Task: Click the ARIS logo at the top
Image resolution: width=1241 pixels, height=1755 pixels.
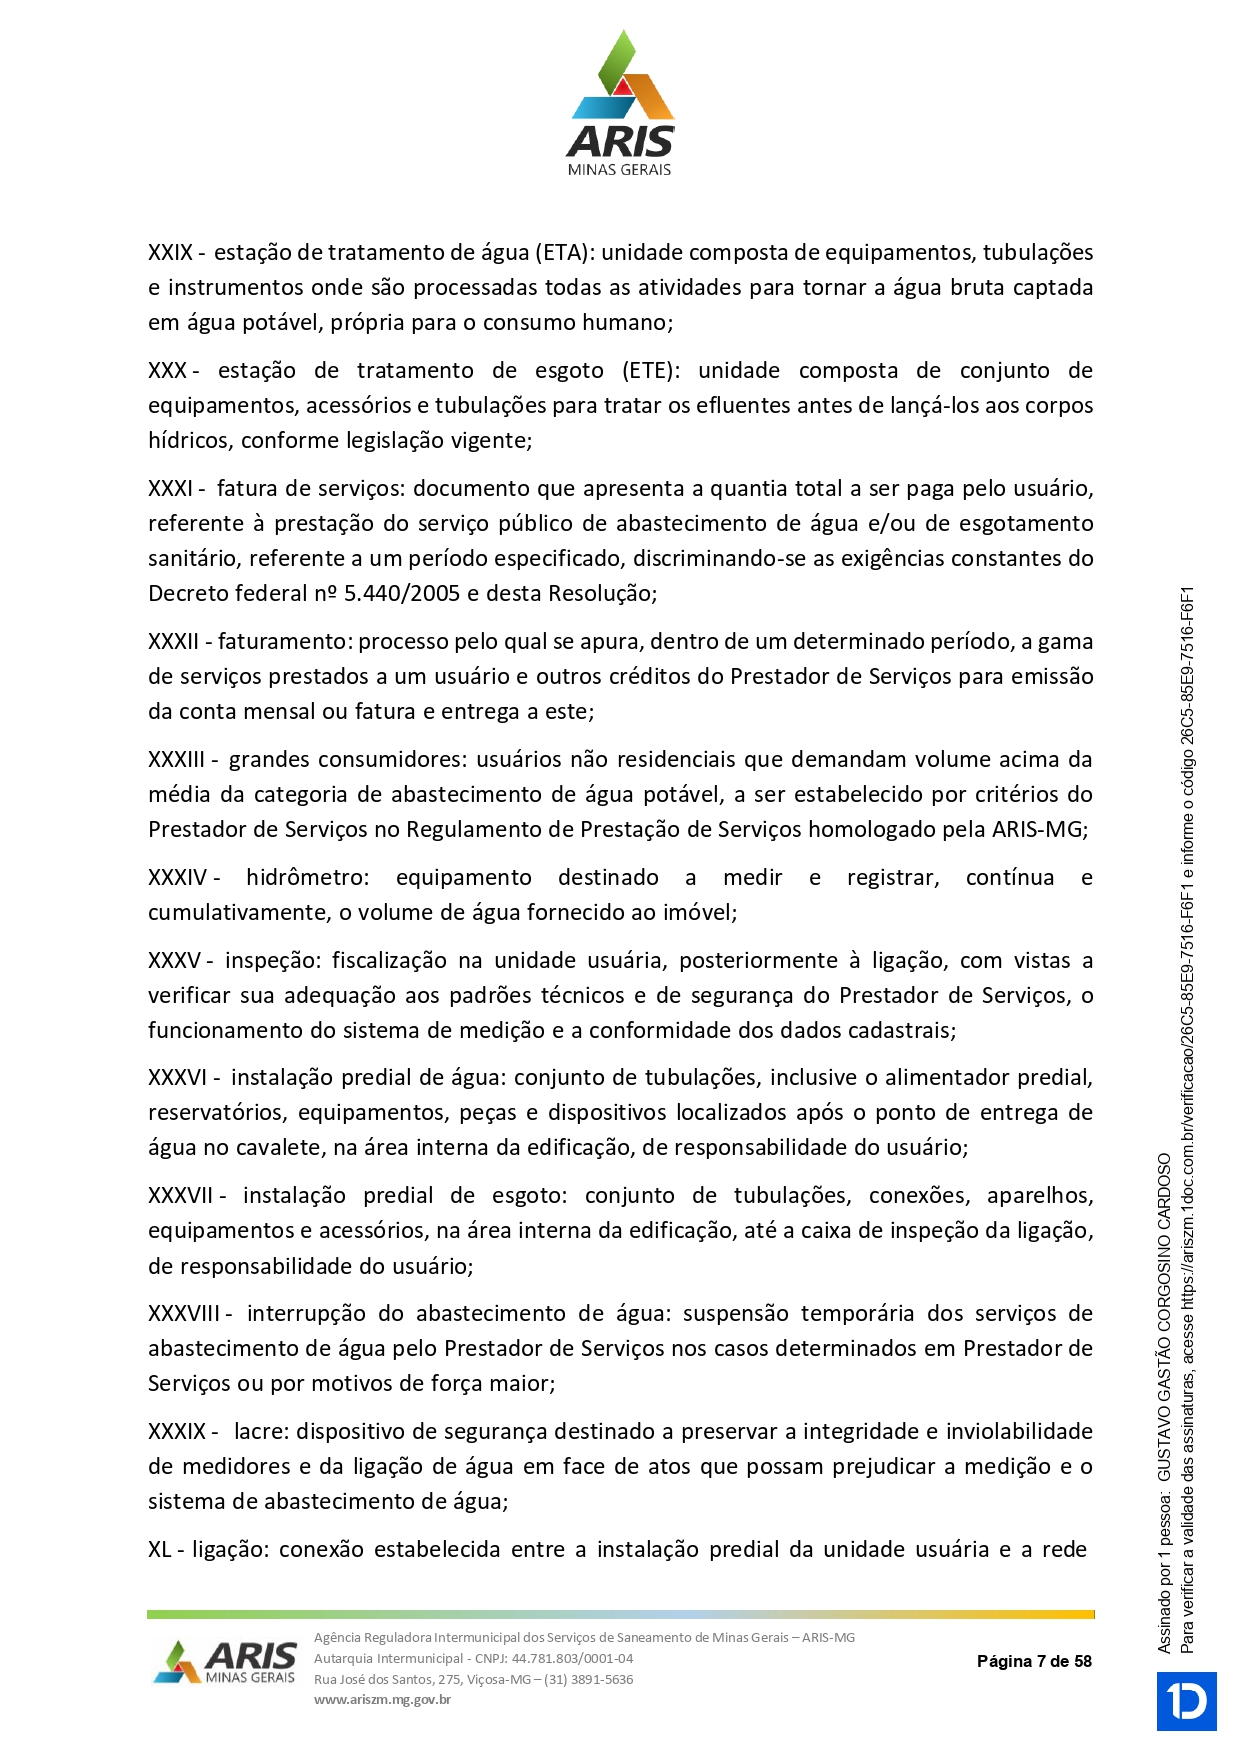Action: (x=620, y=104)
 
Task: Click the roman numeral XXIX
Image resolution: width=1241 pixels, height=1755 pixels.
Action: (x=171, y=253)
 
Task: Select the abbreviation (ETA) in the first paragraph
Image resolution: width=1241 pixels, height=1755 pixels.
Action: (x=563, y=253)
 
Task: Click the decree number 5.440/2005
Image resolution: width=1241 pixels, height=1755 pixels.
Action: (x=402, y=594)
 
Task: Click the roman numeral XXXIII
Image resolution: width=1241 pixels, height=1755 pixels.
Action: (x=177, y=760)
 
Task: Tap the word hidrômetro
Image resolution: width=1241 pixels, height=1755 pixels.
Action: (x=307, y=878)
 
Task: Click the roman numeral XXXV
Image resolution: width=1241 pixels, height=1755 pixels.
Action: (x=174, y=961)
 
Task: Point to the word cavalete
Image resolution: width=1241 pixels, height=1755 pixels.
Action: (x=279, y=1148)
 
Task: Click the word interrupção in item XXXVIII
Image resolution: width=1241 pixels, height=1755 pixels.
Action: (x=307, y=1314)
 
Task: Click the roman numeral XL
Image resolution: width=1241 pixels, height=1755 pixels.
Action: (x=160, y=1550)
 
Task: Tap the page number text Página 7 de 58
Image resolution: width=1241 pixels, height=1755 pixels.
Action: (x=1034, y=1661)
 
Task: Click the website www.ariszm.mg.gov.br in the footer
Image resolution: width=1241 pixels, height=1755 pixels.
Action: (x=382, y=1699)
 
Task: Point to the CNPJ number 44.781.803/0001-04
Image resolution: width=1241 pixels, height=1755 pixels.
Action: (x=572, y=1658)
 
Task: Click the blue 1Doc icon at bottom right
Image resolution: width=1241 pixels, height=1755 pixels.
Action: (x=1187, y=1701)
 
